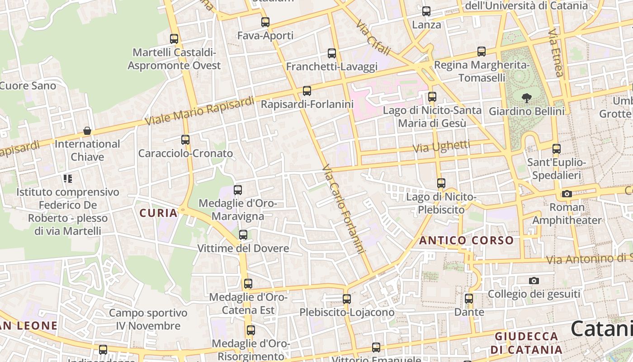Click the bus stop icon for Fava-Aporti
(265, 22)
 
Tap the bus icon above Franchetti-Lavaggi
(332, 53)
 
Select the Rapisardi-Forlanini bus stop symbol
(307, 91)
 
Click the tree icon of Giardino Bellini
(526, 97)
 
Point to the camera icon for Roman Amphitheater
(567, 194)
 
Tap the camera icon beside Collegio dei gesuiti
(534, 281)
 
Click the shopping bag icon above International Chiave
(87, 131)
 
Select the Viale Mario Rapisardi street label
(199, 111)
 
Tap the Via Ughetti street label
(441, 147)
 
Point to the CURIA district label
(158, 213)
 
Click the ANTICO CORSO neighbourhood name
(467, 240)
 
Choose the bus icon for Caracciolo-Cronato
(185, 140)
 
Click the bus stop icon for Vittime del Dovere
(243, 235)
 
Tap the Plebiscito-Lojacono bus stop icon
(347, 299)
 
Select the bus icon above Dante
(469, 299)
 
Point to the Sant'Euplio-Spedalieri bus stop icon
(557, 148)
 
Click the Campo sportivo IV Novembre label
(148, 319)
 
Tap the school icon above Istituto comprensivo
(68, 179)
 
